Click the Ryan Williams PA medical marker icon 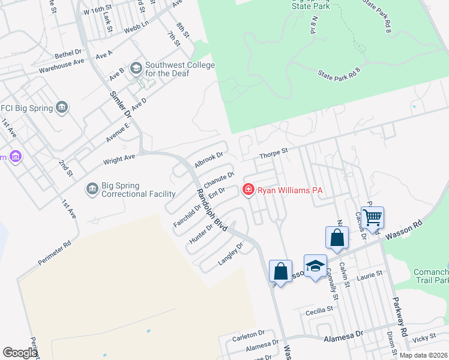coord(247,190)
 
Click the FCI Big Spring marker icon coord(61,108)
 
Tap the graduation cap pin coord(315,266)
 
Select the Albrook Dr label coord(208,160)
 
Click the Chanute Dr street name coord(218,179)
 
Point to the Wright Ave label coord(119,160)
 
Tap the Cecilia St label coord(319,310)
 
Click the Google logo coord(20,353)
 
